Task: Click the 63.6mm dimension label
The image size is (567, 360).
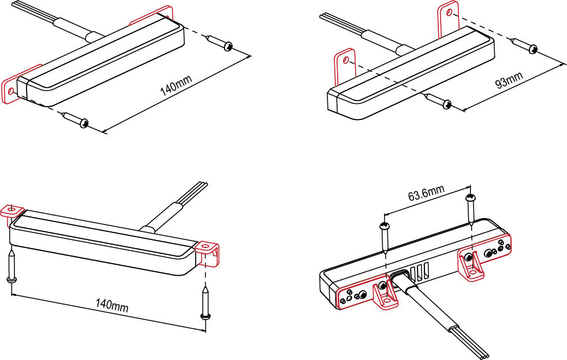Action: pos(426,193)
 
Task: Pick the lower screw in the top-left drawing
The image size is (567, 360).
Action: pos(75,119)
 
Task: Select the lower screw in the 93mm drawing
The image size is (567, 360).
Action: pos(438,101)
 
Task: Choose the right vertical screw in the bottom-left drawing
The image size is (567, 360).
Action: pos(204,302)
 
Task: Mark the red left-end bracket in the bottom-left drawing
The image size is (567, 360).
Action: pos(11,211)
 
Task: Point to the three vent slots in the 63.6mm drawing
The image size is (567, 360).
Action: pos(421,271)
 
